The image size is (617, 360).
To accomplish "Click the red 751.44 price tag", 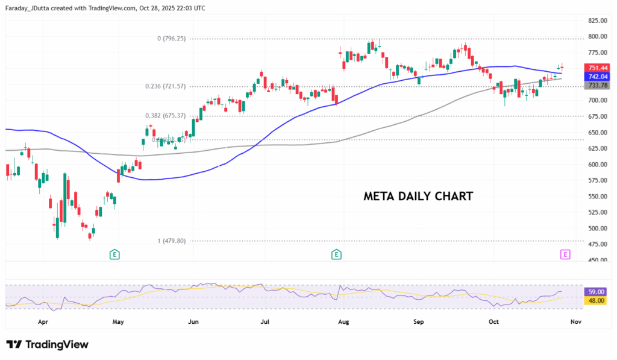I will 598,68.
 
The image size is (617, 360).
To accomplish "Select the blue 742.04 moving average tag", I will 598,77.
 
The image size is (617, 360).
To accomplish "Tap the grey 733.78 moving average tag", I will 598,86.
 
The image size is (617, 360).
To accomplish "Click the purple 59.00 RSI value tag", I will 595,291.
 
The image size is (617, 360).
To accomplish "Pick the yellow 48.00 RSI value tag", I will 595,300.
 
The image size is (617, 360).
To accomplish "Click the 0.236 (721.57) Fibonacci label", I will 165,86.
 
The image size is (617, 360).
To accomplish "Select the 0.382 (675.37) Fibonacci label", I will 165,116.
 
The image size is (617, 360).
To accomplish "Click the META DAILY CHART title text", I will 418,197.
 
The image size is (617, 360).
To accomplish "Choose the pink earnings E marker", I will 565,254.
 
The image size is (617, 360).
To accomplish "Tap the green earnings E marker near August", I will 336,254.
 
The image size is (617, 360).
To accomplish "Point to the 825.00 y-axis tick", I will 597,21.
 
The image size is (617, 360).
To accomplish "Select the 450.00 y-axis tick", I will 597,261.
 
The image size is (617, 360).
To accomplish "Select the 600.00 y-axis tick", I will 597,165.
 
